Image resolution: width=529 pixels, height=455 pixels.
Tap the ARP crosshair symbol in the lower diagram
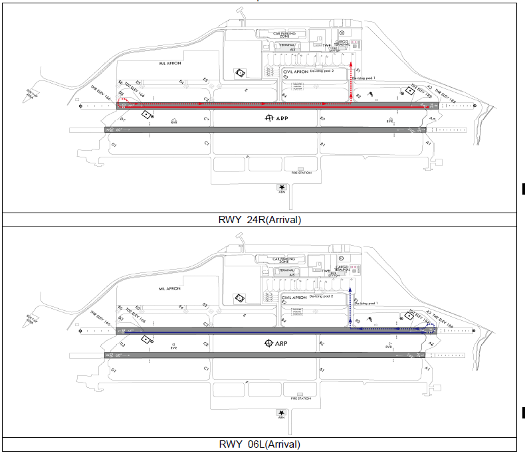tap(268, 343)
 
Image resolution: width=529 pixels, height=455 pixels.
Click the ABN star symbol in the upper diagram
tap(283, 188)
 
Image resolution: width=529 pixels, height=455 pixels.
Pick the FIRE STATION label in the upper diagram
tap(300, 173)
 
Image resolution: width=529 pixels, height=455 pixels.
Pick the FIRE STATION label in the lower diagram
tap(300, 398)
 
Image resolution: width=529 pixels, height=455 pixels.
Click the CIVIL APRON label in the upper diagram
tap(297, 70)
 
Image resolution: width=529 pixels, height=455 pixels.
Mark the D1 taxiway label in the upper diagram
tap(113, 144)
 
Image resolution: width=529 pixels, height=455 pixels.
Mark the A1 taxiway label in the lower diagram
tap(429, 369)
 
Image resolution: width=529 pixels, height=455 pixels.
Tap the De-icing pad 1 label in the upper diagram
tap(364, 78)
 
